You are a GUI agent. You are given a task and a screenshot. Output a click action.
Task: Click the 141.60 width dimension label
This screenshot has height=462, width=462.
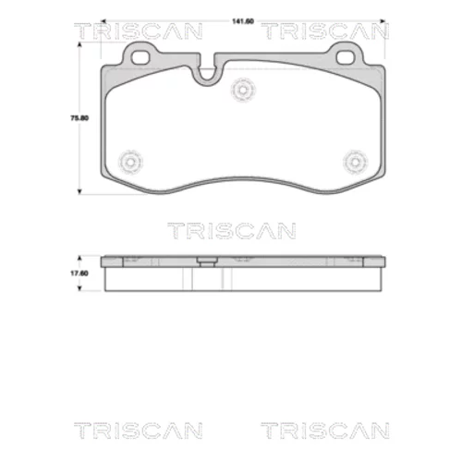click(243, 21)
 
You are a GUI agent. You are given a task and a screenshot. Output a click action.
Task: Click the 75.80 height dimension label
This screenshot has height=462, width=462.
click(79, 118)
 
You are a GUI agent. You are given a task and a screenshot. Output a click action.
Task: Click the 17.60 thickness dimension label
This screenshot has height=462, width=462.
click(79, 274)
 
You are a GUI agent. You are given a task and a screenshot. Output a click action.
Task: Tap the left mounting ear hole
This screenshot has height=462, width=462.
click(140, 57)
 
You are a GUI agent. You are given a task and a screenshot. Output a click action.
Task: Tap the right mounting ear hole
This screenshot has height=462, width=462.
click(346, 57)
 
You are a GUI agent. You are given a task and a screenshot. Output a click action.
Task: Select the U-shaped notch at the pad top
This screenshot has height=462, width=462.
click(207, 77)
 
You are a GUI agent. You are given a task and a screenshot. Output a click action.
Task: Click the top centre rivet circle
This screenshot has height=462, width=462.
click(243, 90)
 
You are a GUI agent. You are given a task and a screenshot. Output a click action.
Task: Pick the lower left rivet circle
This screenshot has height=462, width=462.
click(131, 162)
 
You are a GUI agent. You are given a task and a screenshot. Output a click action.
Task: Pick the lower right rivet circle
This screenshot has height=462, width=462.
click(356, 162)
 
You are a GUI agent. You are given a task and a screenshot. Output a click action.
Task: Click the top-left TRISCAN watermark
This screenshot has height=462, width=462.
click(139, 31)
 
